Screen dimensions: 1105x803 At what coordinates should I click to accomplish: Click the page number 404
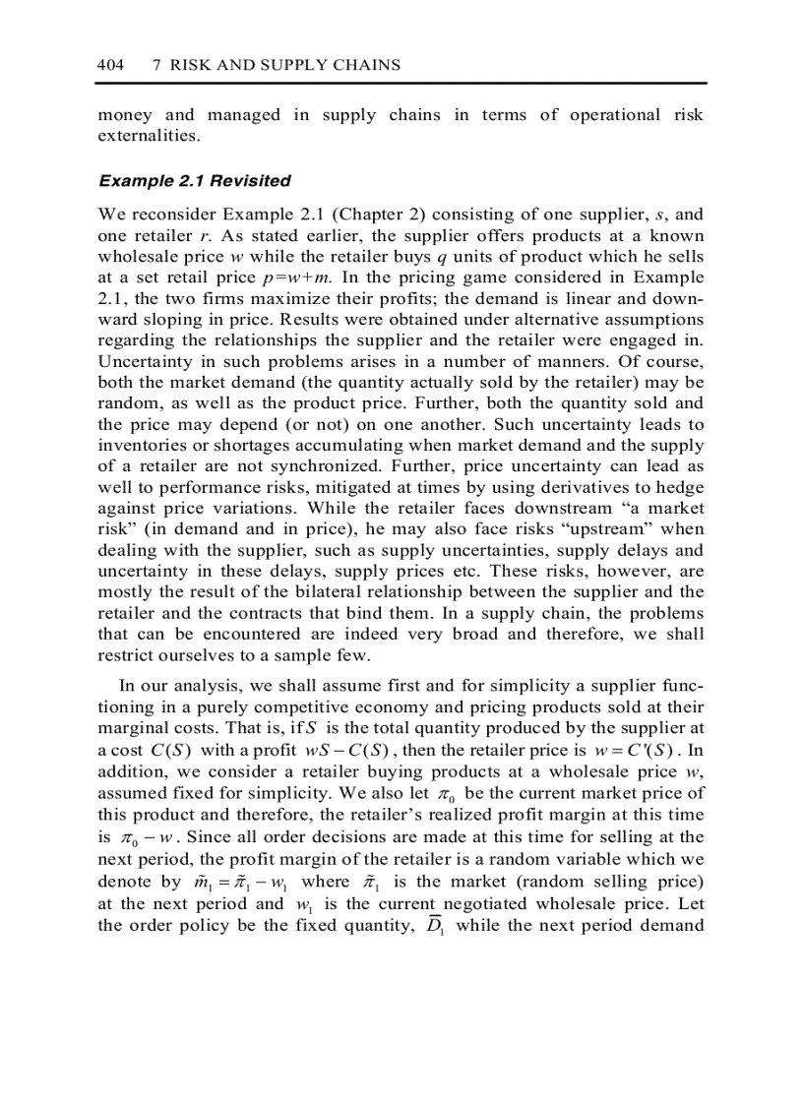point(110,65)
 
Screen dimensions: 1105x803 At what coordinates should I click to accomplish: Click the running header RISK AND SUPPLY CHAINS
point(285,65)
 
